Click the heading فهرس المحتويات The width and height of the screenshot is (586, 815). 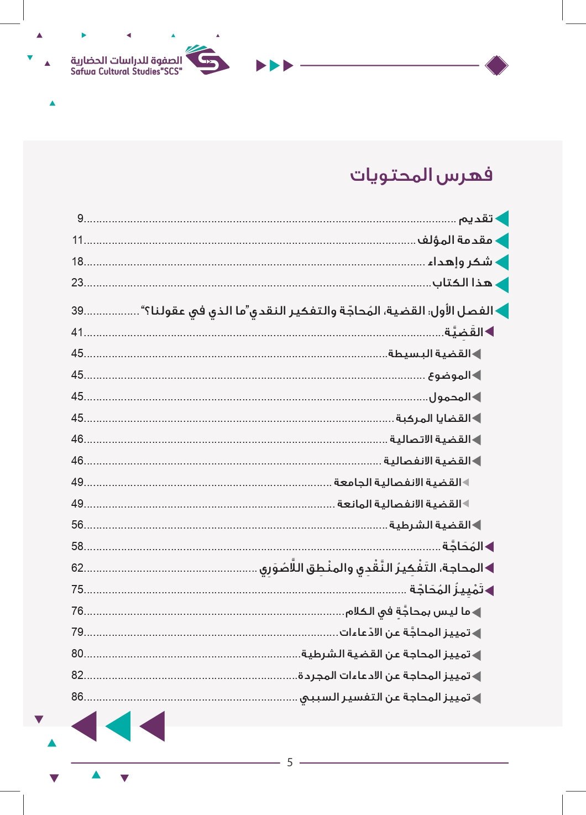[x=421, y=175]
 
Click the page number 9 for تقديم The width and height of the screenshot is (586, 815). [x=80, y=218]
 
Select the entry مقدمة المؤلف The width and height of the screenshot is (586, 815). [x=454, y=240]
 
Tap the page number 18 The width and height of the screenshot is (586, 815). [x=77, y=262]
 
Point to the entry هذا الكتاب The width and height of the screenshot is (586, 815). [x=462, y=283]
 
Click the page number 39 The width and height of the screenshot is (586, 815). [x=77, y=311]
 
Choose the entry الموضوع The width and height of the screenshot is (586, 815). [x=449, y=375]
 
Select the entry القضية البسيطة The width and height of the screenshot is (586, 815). [x=430, y=354]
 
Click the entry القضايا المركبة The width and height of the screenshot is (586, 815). [x=433, y=418]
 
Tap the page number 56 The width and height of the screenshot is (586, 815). [x=77, y=525]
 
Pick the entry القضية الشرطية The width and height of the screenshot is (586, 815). [x=430, y=525]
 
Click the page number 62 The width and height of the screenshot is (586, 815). [x=77, y=568]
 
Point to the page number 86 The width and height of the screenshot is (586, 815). [x=77, y=697]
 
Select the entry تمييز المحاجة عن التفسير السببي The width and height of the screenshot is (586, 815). [x=385, y=698]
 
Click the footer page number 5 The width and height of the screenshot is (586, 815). [x=290, y=762]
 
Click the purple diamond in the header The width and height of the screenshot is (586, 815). [x=496, y=66]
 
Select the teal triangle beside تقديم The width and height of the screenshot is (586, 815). [x=502, y=219]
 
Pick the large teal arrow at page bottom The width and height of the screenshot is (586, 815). [x=118, y=726]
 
